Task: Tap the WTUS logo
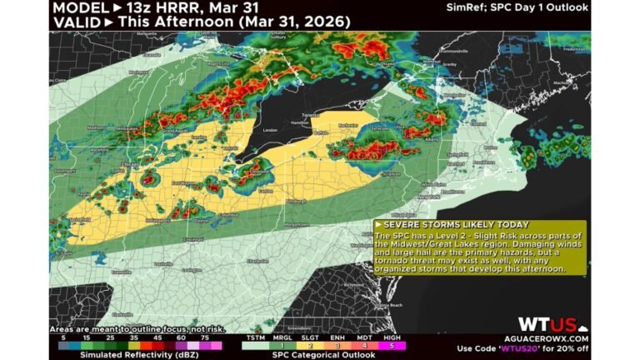click(547, 324)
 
